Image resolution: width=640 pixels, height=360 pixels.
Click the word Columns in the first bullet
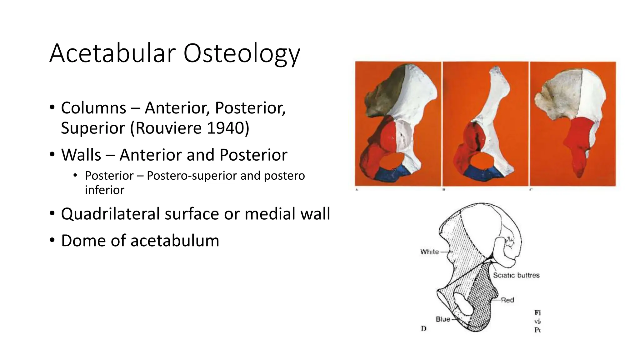pos(93,108)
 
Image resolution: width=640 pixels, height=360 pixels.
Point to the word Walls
pos(81,155)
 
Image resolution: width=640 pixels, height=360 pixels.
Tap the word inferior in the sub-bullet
pos(104,190)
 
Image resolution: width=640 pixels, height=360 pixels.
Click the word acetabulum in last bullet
pos(175,241)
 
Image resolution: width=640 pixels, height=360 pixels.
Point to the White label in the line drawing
pos(429,252)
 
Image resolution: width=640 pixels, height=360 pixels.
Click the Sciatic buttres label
pos(516,275)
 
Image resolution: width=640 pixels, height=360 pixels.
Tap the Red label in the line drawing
pos(507,300)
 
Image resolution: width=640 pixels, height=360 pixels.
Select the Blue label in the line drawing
pos(443,319)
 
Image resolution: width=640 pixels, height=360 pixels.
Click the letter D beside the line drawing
pos(424,328)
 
